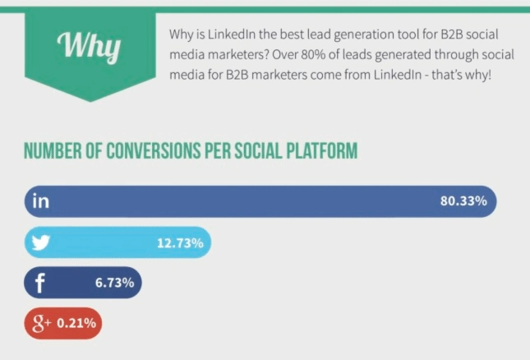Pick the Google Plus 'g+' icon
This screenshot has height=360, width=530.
coord(42,323)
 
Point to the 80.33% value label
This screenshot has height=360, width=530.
coord(464,201)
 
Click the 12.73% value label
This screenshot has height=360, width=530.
coord(181,242)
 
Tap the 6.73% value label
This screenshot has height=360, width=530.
coord(114,284)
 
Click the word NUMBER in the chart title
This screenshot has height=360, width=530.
coord(53,153)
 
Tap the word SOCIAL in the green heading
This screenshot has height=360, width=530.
coord(255,153)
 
